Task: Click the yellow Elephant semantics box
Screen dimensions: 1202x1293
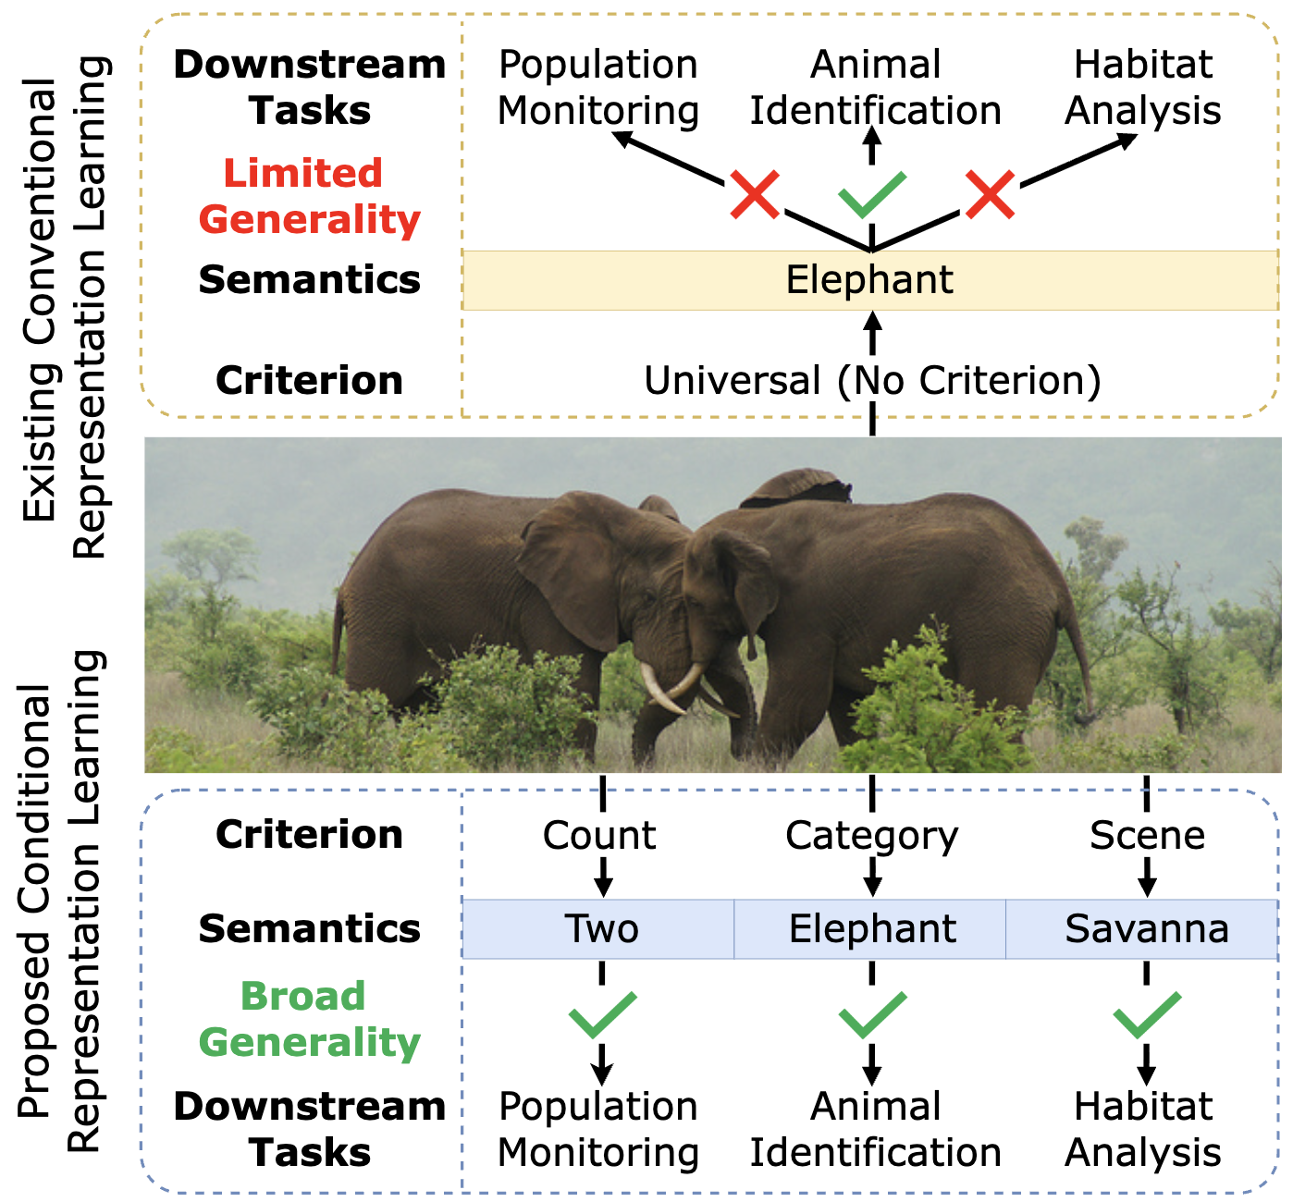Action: click(x=869, y=280)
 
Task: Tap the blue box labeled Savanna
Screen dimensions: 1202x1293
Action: click(x=1145, y=928)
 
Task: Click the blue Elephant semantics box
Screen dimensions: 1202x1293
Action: click(x=871, y=928)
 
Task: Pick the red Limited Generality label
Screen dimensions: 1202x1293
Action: click(x=308, y=196)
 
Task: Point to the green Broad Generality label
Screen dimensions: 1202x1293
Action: click(x=308, y=1019)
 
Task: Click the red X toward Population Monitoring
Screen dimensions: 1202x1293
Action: click(x=755, y=193)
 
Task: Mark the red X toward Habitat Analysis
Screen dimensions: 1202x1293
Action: click(x=990, y=193)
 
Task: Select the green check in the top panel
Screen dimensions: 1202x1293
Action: click(x=870, y=194)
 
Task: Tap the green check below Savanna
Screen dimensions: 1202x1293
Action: click(x=1146, y=1014)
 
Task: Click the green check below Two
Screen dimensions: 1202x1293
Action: click(x=602, y=1014)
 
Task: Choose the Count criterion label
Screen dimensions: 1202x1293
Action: click(x=599, y=835)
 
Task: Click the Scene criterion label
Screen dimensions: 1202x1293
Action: click(x=1147, y=835)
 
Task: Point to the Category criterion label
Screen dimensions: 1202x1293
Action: click(x=871, y=836)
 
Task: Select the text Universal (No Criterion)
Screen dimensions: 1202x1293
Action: click(x=872, y=380)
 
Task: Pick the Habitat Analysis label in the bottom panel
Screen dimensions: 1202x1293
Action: click(x=1143, y=1129)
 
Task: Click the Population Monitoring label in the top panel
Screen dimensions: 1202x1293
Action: click(x=598, y=87)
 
